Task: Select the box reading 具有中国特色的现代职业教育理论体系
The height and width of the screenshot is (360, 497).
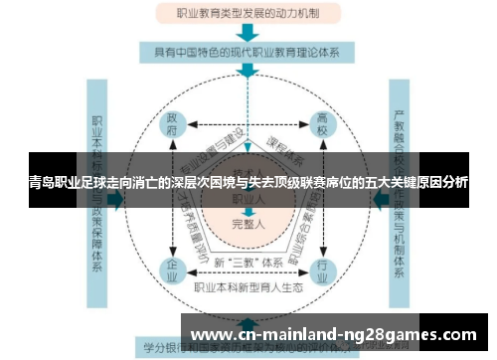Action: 248,50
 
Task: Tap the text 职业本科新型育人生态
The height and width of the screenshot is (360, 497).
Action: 248,288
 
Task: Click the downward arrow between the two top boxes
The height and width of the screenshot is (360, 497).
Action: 247,32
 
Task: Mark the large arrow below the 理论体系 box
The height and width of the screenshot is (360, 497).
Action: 247,73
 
